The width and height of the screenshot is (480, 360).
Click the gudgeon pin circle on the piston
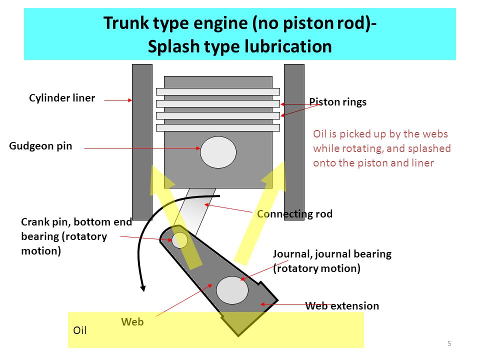click(218, 152)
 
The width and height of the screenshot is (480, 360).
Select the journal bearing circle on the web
click(232, 290)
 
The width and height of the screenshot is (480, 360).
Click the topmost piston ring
click(218, 92)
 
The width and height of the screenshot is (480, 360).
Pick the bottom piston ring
click(218, 127)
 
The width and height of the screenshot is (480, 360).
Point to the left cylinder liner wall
click(142, 142)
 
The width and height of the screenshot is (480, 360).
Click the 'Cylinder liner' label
click(62, 98)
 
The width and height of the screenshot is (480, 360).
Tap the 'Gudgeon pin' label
click(40, 146)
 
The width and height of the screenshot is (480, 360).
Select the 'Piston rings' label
click(337, 102)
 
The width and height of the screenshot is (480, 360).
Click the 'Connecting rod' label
click(295, 214)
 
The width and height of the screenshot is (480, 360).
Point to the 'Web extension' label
click(342, 306)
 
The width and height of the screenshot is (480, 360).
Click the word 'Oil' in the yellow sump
click(80, 330)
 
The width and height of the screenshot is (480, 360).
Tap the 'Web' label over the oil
click(132, 321)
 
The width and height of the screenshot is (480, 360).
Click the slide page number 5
click(449, 343)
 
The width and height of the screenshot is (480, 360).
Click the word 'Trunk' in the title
click(126, 23)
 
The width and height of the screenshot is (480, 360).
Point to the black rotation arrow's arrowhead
click(143, 288)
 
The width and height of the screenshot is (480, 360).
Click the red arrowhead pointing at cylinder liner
click(130, 100)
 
